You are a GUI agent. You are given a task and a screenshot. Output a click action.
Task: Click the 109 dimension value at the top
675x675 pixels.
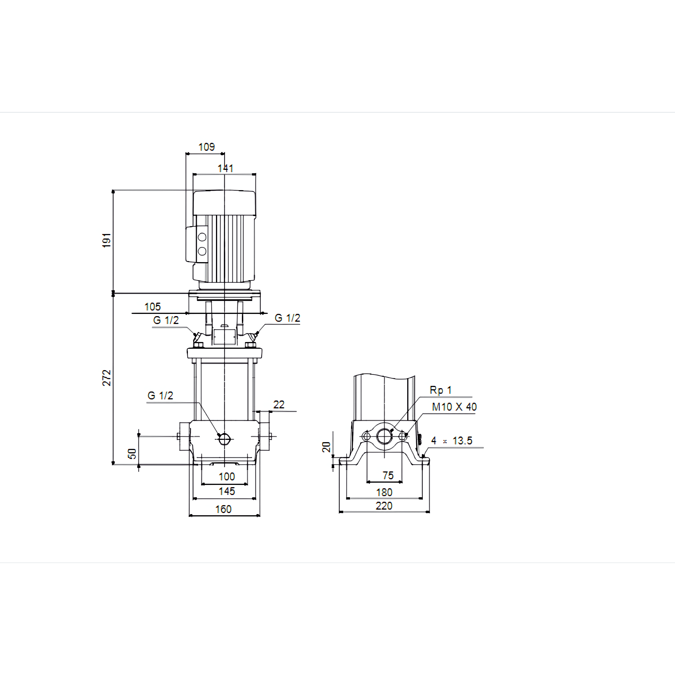(206, 147)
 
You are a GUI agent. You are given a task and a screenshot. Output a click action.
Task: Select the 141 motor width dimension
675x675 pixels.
(225, 168)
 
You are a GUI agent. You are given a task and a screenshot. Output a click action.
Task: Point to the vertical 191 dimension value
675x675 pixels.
(107, 240)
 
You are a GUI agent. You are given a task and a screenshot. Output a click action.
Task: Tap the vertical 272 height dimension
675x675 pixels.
(107, 378)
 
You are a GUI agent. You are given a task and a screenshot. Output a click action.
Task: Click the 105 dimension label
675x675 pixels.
(153, 307)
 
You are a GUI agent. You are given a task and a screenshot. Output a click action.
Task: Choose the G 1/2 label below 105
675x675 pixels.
(166, 320)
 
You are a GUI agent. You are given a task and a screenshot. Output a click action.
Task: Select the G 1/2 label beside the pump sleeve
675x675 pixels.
(160, 395)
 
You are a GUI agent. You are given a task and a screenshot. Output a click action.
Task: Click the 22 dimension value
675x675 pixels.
(279, 405)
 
